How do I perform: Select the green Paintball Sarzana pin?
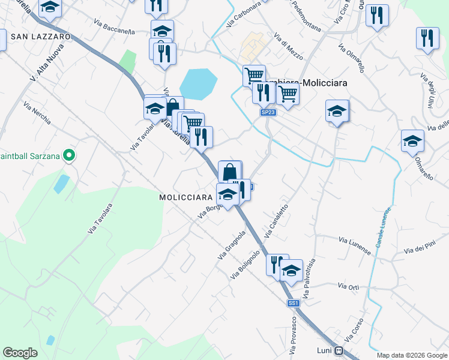pos(69,156)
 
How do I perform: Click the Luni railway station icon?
pos(339,350)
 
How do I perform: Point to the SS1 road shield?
pos(293,304)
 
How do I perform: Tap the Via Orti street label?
pos(349,287)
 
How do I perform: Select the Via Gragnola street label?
pos(232,245)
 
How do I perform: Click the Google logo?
pos(20,352)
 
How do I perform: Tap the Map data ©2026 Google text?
pos(411,355)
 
